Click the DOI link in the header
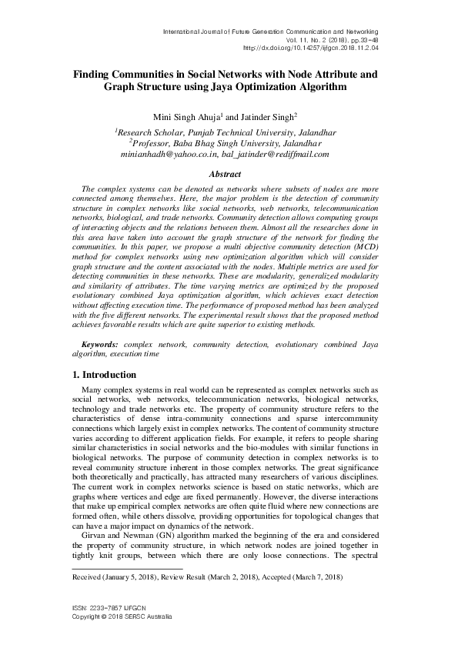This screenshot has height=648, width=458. click(321, 48)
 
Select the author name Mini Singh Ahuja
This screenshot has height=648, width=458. click(185, 116)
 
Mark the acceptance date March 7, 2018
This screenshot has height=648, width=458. click(313, 576)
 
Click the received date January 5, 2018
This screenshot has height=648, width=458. click(132, 576)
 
